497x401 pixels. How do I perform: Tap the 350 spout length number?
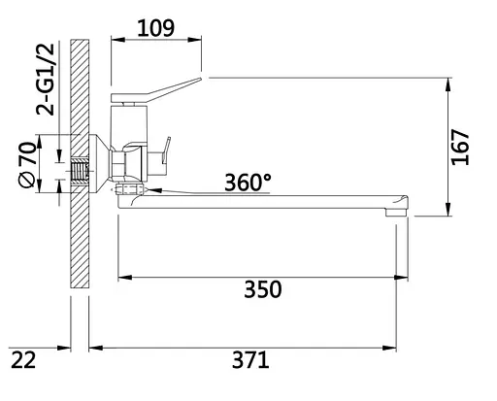click(261, 290)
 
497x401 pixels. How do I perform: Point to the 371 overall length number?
click(249, 360)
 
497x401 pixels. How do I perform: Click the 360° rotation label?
click(248, 182)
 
